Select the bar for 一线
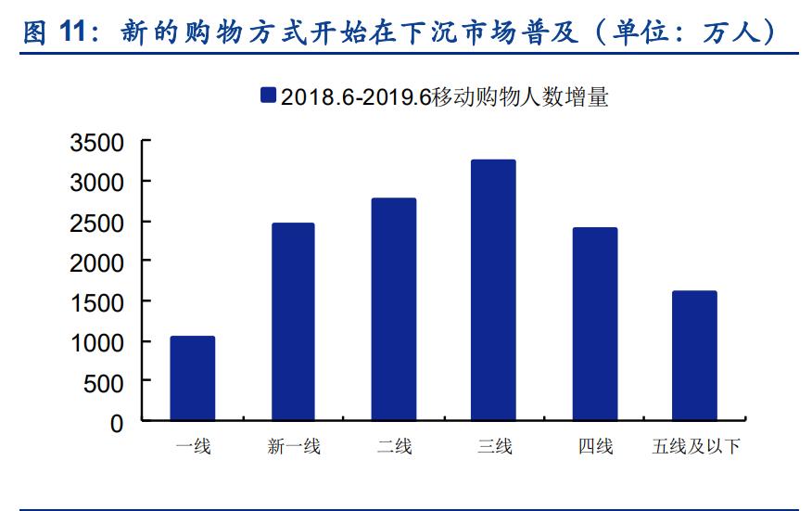click(192, 378)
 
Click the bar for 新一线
click(292, 322)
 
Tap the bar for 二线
click(393, 309)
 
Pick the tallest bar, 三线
click(493, 290)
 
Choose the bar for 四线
click(594, 324)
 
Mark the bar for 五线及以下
click(694, 356)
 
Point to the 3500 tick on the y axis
click(97, 143)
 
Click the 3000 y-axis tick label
click(97, 183)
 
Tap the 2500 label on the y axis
click(97, 223)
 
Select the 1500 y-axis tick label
click(97, 302)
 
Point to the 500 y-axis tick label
click(105, 382)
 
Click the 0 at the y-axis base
click(117, 423)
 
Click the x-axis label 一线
click(193, 447)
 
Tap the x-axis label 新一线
click(293, 447)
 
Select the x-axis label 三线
click(494, 447)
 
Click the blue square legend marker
click(269, 96)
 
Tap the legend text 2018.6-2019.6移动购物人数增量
click(445, 96)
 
